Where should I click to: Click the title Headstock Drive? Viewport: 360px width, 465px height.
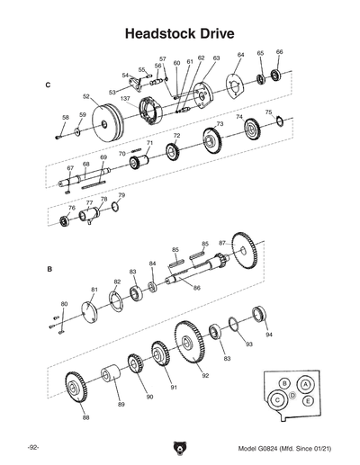[x=179, y=33]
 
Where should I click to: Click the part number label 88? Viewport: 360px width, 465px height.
[x=85, y=417]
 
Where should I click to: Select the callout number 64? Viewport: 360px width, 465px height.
[x=240, y=56]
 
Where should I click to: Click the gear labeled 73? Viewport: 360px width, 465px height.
[x=212, y=139]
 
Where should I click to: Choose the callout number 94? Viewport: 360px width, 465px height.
[x=268, y=335]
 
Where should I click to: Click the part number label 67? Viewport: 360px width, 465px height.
[x=69, y=168]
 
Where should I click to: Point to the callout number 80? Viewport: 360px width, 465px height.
[x=64, y=304]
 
